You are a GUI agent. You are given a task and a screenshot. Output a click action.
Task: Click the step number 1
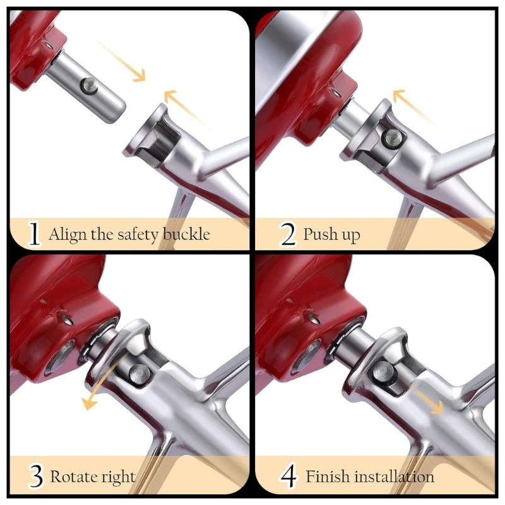click(x=34, y=234)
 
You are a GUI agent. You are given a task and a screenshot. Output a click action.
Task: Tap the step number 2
click(x=288, y=234)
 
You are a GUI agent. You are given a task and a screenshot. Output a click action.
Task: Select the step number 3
click(x=36, y=477)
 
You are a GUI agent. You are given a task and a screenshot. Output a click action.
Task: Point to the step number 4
click(x=288, y=477)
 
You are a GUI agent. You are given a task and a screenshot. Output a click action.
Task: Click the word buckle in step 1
click(x=186, y=234)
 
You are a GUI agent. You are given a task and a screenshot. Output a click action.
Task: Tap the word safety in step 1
click(x=138, y=235)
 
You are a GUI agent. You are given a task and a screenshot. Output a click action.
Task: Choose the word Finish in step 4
click(x=327, y=477)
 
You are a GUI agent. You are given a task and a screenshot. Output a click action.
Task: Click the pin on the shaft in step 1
click(x=88, y=86)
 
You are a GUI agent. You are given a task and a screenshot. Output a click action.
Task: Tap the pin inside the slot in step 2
click(x=391, y=138)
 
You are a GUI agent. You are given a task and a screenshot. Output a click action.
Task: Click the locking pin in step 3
click(x=140, y=374)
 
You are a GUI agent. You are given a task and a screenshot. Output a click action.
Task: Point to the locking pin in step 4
click(x=383, y=371)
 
